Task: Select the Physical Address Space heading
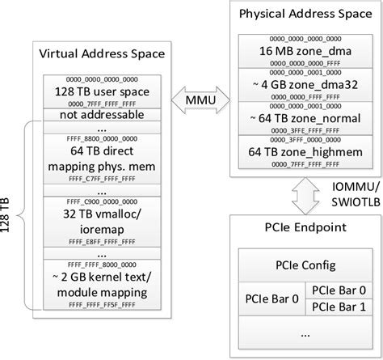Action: click(x=300, y=14)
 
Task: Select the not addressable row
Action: click(x=102, y=116)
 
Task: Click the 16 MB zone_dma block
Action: click(x=301, y=51)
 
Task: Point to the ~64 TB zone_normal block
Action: click(x=301, y=118)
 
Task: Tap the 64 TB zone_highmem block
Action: click(x=301, y=151)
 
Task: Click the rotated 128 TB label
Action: click(x=9, y=215)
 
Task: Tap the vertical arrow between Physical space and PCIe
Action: click(x=300, y=195)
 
